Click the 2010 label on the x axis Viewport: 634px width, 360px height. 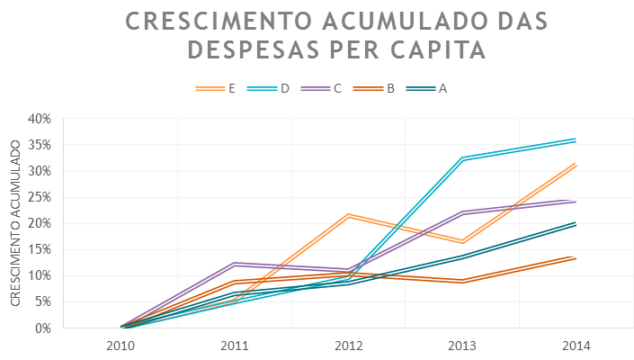click(x=121, y=345)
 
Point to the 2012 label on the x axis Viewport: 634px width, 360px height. click(x=348, y=345)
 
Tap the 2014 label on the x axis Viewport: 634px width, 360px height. click(x=576, y=345)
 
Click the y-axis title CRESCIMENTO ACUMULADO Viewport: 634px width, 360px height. click(x=15, y=223)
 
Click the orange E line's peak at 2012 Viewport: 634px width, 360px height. click(x=348, y=215)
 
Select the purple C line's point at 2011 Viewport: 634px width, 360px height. click(x=234, y=264)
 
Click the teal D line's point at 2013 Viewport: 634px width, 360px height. click(x=462, y=158)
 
